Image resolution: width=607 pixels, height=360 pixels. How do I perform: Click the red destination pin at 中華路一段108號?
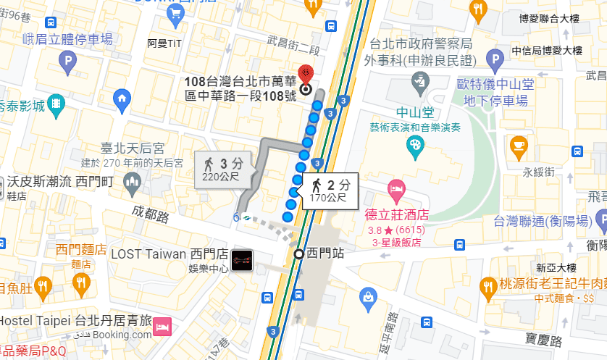306,75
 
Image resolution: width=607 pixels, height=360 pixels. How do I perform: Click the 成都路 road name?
150,216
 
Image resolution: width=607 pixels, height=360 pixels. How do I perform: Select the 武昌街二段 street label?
293,44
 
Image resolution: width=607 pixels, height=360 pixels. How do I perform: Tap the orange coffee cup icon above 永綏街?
519,146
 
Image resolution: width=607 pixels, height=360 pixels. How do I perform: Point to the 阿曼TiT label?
164,43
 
